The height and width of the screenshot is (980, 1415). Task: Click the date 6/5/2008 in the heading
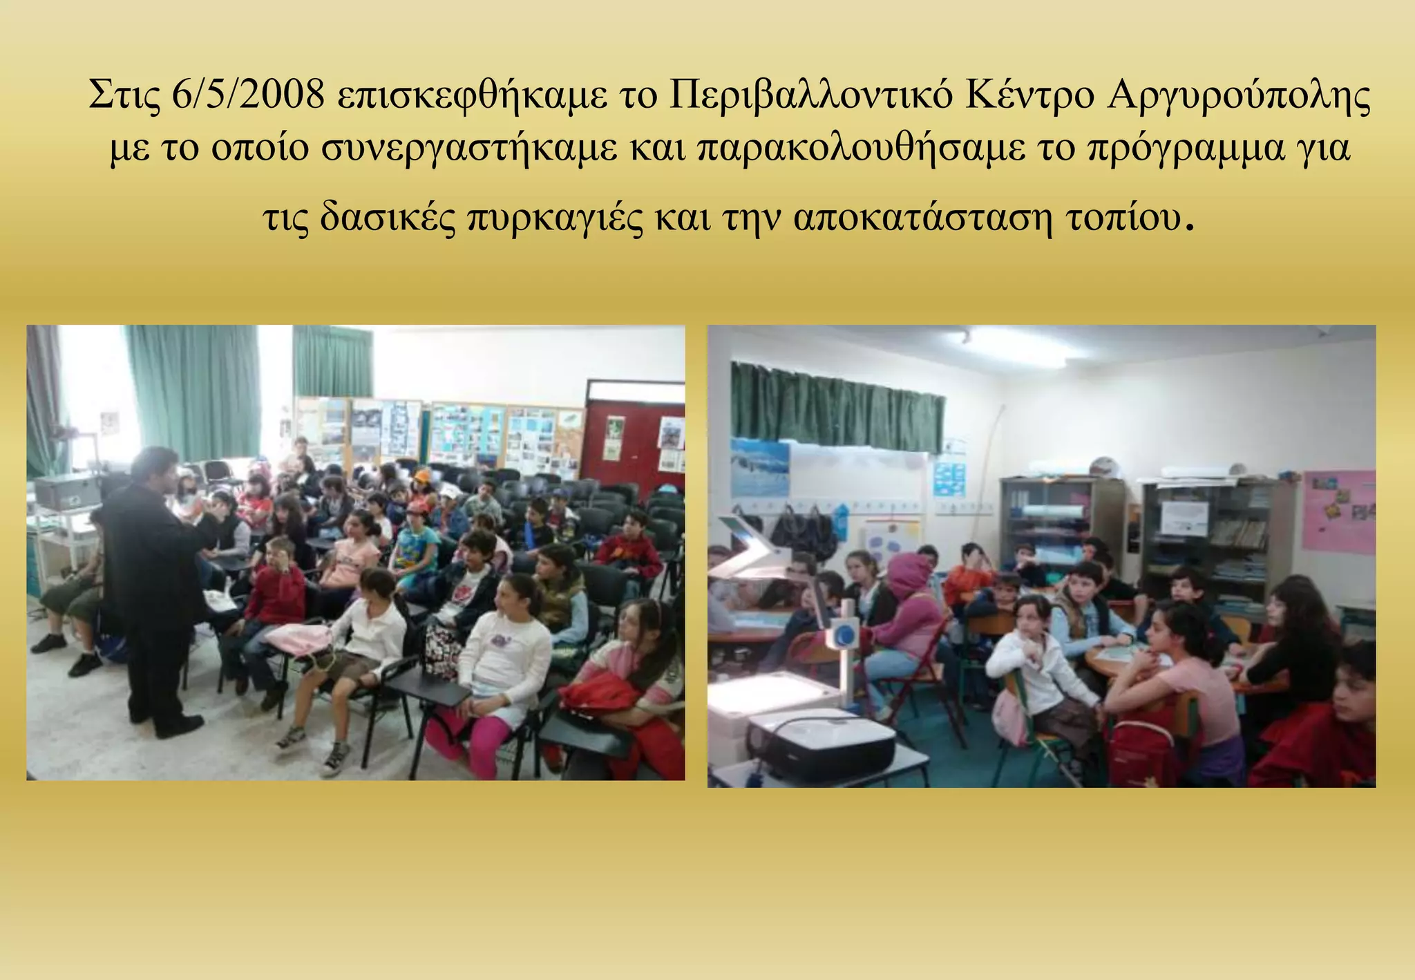(247, 95)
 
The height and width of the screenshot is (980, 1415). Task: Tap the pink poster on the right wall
(1338, 511)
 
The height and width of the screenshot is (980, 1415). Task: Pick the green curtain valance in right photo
(837, 407)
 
